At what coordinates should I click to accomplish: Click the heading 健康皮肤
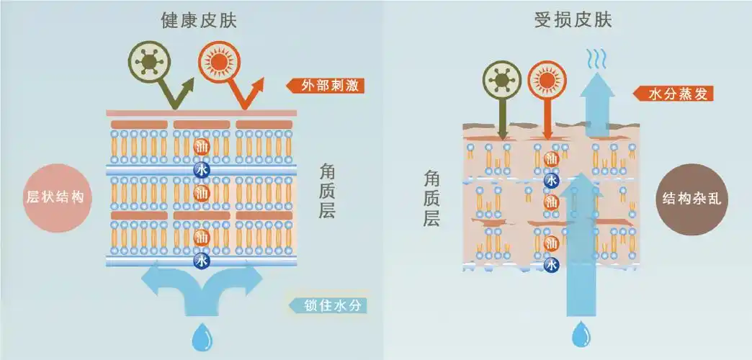(199, 20)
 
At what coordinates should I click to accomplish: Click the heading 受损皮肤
(573, 20)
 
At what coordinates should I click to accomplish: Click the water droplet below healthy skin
(201, 334)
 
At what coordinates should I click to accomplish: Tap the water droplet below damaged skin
(580, 335)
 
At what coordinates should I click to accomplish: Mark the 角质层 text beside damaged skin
(432, 198)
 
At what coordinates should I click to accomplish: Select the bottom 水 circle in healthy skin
(202, 260)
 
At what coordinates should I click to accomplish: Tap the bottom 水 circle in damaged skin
(552, 264)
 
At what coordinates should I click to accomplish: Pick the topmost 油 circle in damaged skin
(552, 158)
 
